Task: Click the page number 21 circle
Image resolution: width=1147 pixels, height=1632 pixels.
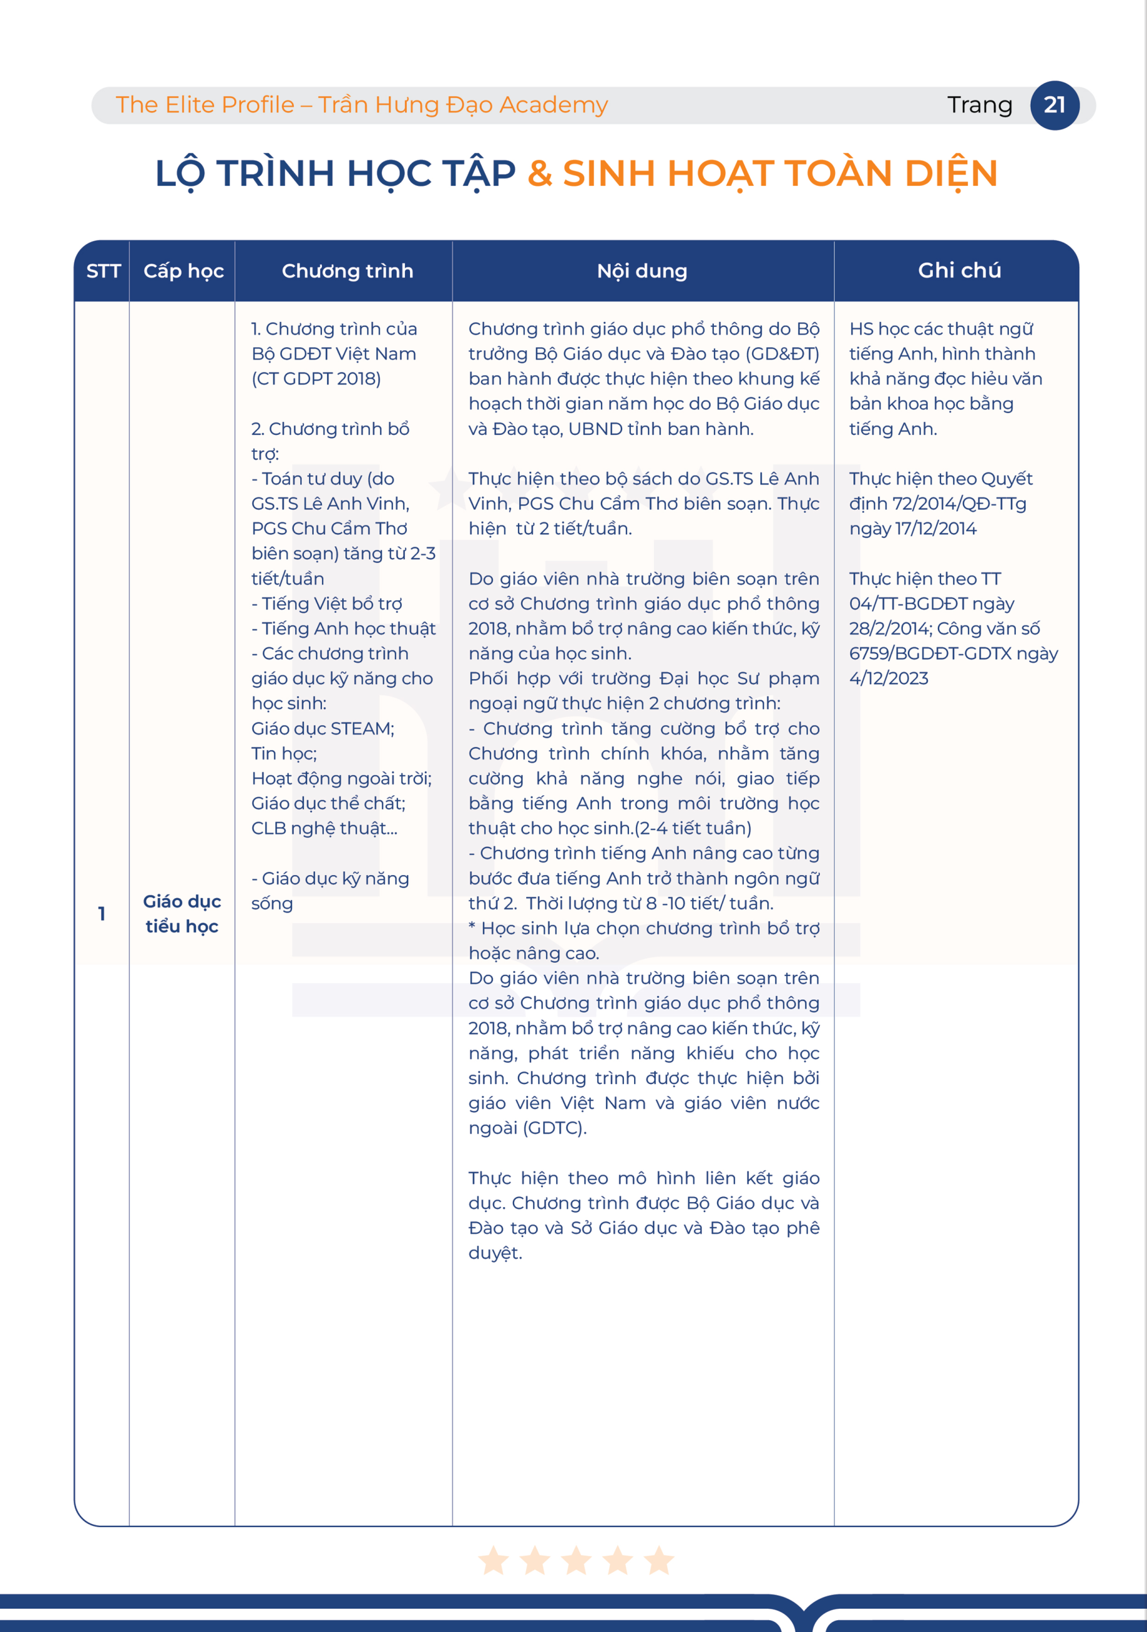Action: [1055, 105]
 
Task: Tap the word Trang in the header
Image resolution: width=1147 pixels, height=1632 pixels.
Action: [979, 105]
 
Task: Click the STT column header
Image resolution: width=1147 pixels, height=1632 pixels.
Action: [103, 271]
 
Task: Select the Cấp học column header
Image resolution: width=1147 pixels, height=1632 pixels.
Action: [183, 271]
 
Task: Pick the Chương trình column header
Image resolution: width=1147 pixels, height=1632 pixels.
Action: [347, 271]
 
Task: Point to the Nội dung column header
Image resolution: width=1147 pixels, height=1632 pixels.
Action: [642, 271]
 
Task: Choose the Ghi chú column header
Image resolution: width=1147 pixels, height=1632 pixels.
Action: [959, 270]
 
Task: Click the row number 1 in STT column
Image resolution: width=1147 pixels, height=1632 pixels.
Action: [102, 913]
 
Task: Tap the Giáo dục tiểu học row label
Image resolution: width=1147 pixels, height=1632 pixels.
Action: [182, 913]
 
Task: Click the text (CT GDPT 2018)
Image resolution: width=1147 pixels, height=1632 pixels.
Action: [316, 379]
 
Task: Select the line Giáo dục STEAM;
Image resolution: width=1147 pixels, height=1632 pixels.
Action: [322, 729]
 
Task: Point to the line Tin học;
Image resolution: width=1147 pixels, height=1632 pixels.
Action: [284, 753]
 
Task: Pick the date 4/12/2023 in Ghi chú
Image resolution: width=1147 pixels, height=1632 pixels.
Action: [888, 679]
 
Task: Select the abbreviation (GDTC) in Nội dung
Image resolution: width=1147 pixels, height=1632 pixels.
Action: [554, 1128]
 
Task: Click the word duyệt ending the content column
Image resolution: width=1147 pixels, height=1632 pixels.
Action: [494, 1253]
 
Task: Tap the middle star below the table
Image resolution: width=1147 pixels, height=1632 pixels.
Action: [576, 1560]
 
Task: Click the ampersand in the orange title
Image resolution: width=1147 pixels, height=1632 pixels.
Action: [540, 173]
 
